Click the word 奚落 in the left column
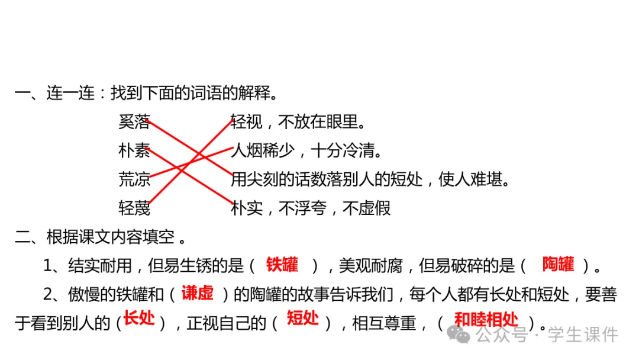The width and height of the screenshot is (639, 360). coord(134,123)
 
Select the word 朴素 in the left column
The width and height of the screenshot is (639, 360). coord(134,151)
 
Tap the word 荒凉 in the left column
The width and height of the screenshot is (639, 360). coord(134,179)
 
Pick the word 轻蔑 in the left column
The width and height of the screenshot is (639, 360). coord(134,208)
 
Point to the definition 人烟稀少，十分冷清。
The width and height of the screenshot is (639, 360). coord(306,151)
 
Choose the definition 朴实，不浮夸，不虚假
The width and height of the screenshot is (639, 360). coord(311,208)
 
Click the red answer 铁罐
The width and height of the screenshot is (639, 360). coord(282,265)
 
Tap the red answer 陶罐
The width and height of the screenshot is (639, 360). coord(558,265)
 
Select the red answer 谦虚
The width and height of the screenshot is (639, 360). coord(197,293)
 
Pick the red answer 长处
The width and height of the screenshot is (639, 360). coord(140,320)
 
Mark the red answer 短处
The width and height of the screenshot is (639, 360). coord(303,320)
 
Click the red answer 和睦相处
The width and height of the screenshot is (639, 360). coord(486,320)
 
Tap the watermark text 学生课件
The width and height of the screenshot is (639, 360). coord(583,336)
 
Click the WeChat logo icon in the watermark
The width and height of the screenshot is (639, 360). coord(460,335)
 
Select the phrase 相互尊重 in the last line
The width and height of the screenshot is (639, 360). coord(383,323)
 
